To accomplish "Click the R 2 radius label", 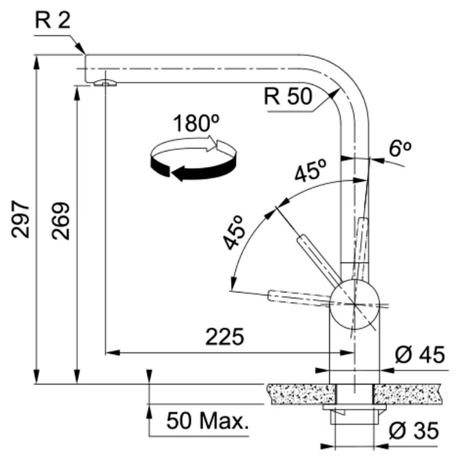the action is (53, 20).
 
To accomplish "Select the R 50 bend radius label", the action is (288, 96).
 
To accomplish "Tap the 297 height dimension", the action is (20, 219).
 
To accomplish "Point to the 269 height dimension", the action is (61, 221).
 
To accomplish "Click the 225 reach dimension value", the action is (224, 337).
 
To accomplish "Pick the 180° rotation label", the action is (196, 123).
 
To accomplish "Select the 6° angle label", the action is (400, 149).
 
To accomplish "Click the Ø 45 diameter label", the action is (420, 354).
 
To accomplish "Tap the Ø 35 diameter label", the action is (414, 430).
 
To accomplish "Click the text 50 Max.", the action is (208, 421).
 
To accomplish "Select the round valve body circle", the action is (355, 304).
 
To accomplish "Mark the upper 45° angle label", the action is (310, 170).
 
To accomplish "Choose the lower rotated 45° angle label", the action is (234, 233).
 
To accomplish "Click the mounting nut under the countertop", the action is (354, 414).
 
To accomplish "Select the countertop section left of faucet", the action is (301, 394).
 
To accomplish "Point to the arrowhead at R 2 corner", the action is (80, 48).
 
